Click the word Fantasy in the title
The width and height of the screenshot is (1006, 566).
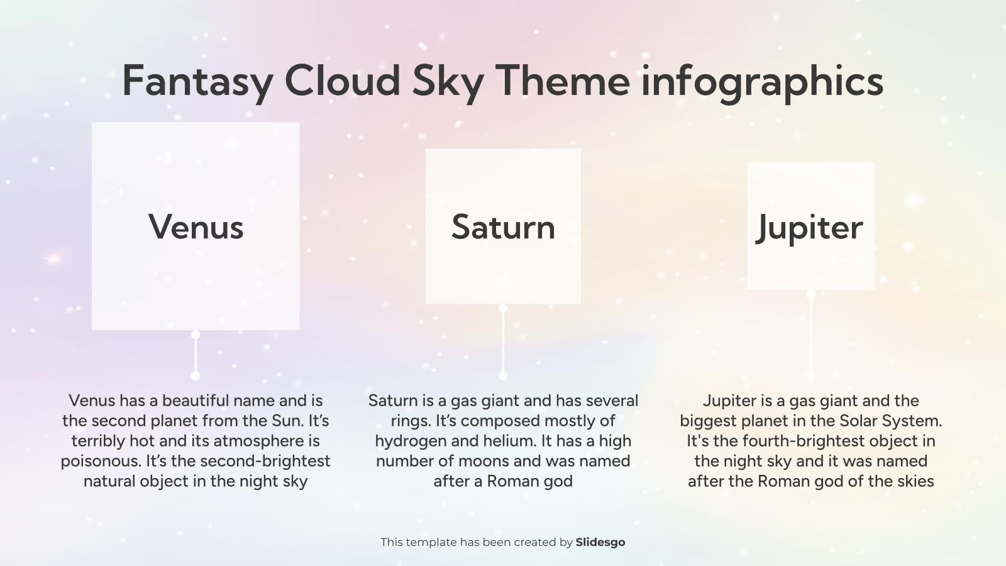pos(197,82)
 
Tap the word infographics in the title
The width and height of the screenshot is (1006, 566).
pos(762,82)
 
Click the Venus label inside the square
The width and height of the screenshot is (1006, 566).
pos(196,227)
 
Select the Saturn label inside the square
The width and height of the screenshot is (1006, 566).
pos(503,227)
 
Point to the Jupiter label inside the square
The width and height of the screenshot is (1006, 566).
pos(810,227)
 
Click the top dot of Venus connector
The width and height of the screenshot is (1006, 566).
pos(196,335)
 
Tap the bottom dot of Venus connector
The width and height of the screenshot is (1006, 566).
pos(196,375)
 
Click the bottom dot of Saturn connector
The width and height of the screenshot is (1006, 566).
pos(503,375)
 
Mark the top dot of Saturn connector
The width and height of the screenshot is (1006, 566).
pos(503,308)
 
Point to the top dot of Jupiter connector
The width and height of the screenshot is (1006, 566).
pos(811,294)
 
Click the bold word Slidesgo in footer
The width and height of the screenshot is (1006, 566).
pos(600,542)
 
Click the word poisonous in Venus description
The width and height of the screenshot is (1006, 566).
pos(101,461)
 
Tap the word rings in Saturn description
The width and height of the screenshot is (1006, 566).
pos(411,421)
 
